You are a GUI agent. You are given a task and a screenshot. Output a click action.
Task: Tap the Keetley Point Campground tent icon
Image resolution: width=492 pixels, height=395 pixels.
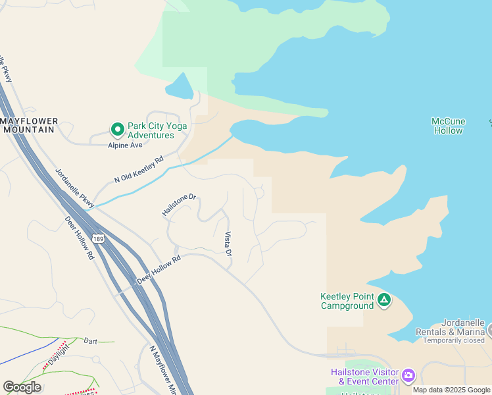pyautogui.click(x=384, y=301)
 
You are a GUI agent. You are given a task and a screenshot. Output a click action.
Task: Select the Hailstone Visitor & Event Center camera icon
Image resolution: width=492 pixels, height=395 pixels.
pyautogui.click(x=408, y=376)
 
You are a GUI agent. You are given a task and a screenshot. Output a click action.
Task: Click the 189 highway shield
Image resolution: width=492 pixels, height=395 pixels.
pyautogui.click(x=98, y=238)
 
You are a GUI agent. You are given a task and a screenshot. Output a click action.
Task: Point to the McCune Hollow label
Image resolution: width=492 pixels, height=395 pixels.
pyautogui.click(x=449, y=126)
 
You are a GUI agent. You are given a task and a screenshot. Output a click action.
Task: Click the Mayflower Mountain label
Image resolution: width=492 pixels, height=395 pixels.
pyautogui.click(x=30, y=125)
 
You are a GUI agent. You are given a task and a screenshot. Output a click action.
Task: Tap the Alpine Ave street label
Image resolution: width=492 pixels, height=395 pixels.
pyautogui.click(x=125, y=145)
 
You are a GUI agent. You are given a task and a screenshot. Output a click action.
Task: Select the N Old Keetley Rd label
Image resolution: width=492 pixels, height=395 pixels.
pyautogui.click(x=138, y=169)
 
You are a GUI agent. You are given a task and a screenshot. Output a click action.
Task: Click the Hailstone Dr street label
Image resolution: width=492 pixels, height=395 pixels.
pyautogui.click(x=179, y=205)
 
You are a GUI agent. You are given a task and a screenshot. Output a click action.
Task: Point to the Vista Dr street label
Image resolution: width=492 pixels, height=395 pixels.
pyautogui.click(x=228, y=244)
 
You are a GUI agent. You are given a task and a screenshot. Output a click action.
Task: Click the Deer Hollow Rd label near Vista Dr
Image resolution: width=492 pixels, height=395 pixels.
pyautogui.click(x=159, y=270)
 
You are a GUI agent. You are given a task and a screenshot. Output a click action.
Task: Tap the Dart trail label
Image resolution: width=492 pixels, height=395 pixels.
pyautogui.click(x=91, y=341)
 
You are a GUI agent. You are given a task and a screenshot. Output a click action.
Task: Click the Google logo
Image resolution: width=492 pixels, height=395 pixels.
pyautogui.click(x=22, y=387)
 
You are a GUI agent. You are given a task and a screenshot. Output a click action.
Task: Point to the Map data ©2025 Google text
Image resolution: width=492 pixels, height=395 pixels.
pyautogui.click(x=451, y=390)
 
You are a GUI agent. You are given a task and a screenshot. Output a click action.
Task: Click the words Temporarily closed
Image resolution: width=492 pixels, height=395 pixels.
pyautogui.click(x=455, y=340)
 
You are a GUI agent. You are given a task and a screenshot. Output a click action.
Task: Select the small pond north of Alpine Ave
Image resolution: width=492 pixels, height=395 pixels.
pyautogui.click(x=179, y=86)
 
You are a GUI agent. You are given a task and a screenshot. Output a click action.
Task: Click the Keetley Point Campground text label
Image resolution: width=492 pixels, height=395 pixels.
pyautogui.click(x=347, y=301)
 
